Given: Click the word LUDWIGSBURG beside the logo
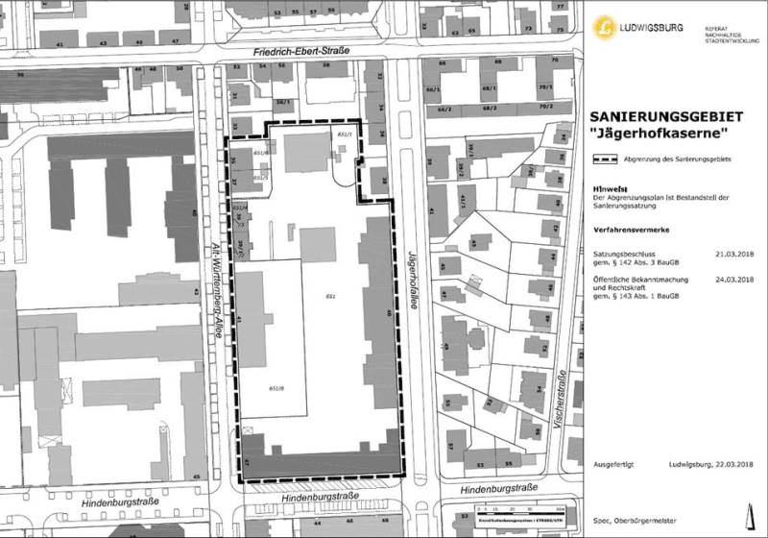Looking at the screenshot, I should click(651, 27).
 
